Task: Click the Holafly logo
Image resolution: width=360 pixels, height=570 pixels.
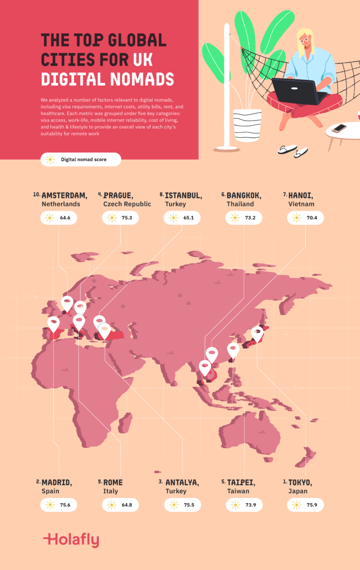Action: click(x=71, y=540)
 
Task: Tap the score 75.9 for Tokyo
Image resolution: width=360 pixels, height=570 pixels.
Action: click(x=305, y=505)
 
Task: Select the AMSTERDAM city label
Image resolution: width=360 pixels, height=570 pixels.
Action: click(x=64, y=195)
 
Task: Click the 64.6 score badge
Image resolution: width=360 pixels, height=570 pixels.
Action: click(x=59, y=218)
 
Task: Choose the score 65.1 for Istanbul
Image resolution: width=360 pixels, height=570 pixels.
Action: click(x=182, y=218)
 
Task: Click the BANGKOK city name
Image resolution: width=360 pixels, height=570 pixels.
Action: click(x=244, y=195)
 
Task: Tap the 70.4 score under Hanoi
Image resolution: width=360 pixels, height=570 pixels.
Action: click(x=305, y=218)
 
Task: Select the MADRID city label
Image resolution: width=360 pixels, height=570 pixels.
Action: click(x=57, y=482)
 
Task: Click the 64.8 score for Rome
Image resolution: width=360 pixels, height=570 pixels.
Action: click(x=120, y=505)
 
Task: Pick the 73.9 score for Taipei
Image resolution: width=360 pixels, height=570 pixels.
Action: click(x=244, y=505)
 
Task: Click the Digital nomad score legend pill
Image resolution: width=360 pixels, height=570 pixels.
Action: click(x=81, y=160)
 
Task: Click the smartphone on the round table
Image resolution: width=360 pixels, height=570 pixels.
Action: click(x=339, y=128)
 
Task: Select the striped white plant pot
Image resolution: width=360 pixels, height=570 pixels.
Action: click(x=247, y=125)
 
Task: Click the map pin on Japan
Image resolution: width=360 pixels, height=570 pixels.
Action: click(x=257, y=333)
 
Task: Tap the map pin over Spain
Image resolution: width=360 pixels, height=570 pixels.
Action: click(x=53, y=324)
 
